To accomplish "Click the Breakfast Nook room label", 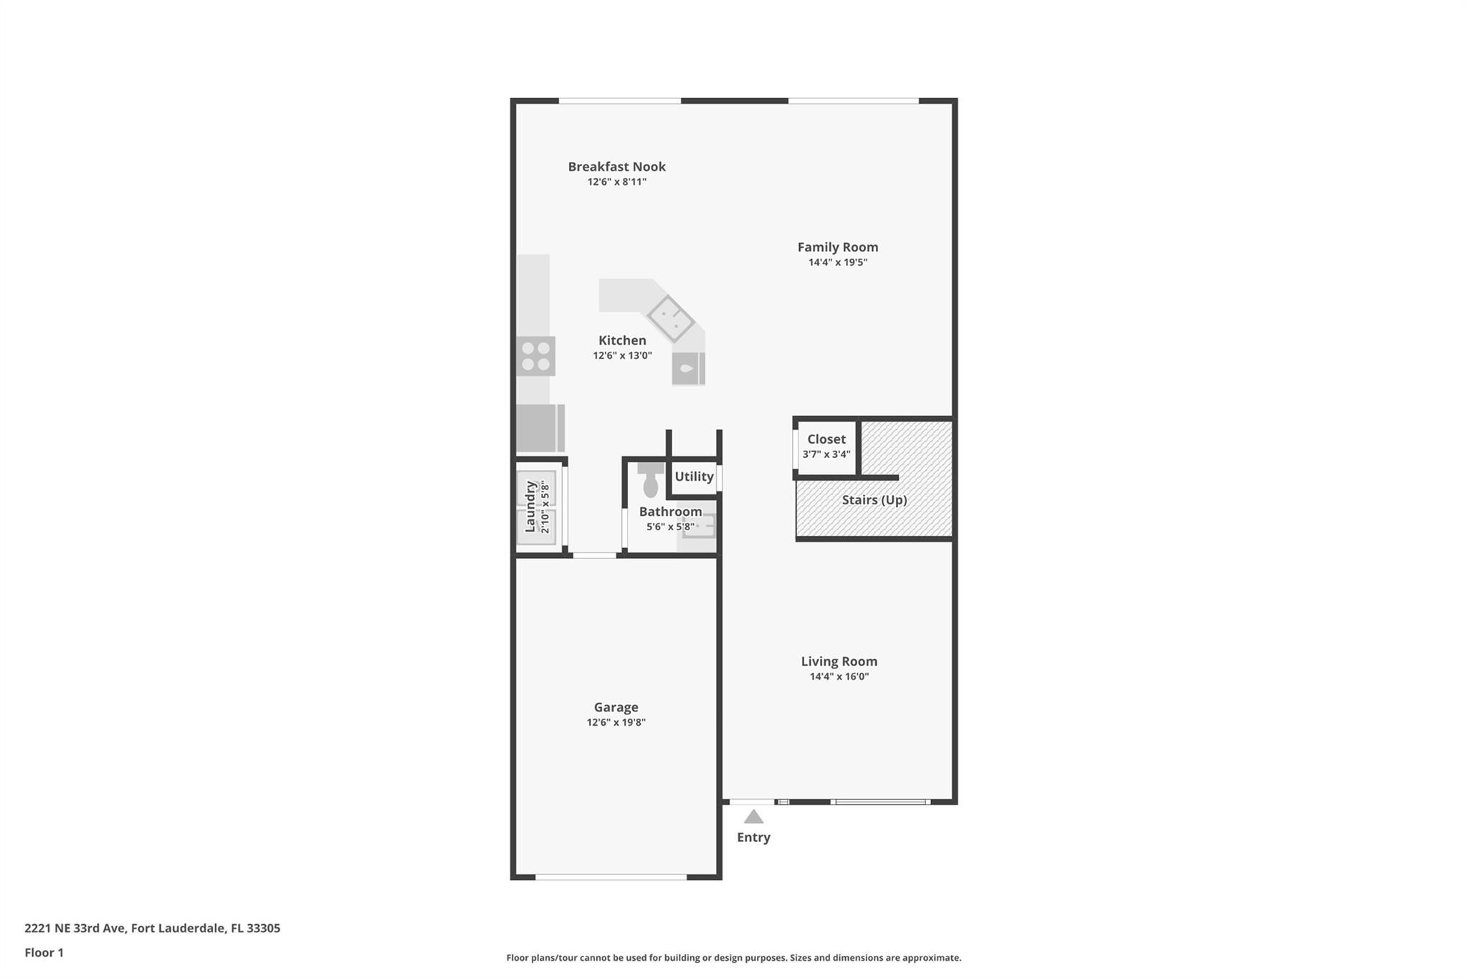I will click(616, 166).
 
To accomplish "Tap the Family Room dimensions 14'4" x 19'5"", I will click(837, 262).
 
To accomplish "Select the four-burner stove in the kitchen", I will click(535, 356).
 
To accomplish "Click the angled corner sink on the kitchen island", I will click(671, 318).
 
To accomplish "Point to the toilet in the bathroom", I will click(651, 480).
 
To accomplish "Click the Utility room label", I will click(694, 476).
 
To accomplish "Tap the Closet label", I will click(826, 439).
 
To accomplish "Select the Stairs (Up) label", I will click(874, 500).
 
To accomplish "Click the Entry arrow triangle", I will click(753, 817).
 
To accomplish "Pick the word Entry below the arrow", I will click(753, 837).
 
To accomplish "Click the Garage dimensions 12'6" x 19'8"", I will click(616, 722).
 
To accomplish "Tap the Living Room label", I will click(839, 661).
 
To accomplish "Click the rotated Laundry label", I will click(530, 507).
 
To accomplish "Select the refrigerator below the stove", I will click(540, 428).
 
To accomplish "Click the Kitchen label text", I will click(622, 340).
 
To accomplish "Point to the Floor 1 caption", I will click(44, 952).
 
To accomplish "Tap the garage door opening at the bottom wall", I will click(611, 877).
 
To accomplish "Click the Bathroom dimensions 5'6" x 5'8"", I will click(670, 527).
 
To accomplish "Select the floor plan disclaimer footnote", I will click(733, 957).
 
